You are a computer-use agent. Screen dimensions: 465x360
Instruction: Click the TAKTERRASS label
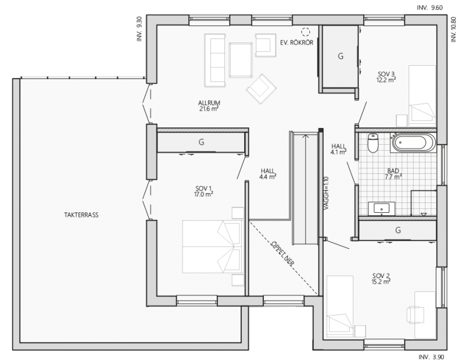(x=81, y=215)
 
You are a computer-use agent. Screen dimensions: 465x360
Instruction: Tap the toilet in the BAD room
(x=373, y=142)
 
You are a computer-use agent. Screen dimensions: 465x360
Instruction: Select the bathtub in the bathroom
(x=414, y=142)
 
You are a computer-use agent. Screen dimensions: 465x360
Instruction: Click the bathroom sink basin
(x=381, y=208)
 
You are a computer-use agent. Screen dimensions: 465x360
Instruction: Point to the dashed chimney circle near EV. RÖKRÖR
(x=305, y=31)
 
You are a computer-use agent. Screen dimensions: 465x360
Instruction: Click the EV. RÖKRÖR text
(x=296, y=42)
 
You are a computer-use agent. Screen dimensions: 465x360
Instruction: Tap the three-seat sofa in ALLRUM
(x=214, y=60)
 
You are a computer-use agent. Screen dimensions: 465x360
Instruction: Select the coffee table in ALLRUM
(x=241, y=60)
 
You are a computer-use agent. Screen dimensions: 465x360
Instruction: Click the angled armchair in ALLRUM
(x=261, y=88)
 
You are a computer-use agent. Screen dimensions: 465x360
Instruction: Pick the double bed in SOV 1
(x=213, y=247)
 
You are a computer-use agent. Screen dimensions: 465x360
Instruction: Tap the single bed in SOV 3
(x=423, y=97)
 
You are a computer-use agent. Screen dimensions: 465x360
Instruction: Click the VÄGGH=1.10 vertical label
(x=326, y=193)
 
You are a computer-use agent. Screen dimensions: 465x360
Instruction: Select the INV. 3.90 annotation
(x=431, y=357)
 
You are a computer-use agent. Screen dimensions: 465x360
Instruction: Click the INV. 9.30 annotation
(x=139, y=28)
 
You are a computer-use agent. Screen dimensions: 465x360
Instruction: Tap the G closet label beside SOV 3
(x=341, y=56)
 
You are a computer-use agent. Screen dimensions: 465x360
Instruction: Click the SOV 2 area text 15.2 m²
(x=381, y=281)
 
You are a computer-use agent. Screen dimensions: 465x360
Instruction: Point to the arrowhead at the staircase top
(x=305, y=136)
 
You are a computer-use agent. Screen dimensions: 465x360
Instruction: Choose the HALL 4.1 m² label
(x=339, y=149)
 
